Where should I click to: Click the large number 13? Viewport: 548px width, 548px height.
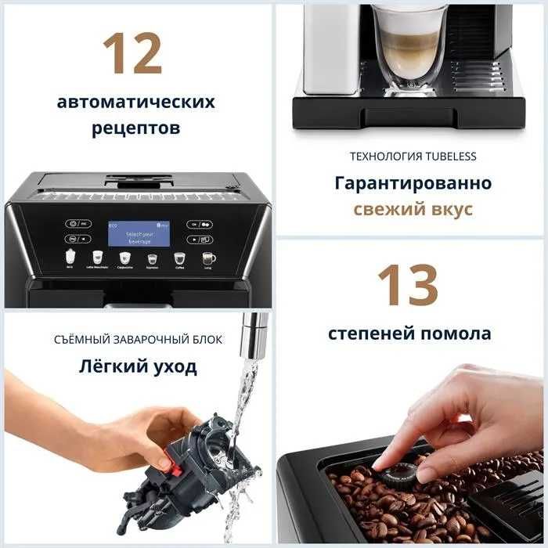tap(407, 283)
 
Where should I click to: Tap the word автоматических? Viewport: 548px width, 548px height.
tap(135, 103)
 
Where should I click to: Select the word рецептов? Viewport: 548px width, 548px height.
tap(135, 128)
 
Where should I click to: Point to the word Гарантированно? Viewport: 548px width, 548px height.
tap(413, 183)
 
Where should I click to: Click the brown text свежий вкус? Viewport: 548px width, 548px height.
tap(413, 210)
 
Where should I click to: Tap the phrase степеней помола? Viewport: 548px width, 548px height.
tap(409, 333)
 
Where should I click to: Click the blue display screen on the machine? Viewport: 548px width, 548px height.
tap(139, 233)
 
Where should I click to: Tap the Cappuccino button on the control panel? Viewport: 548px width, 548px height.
tap(124, 258)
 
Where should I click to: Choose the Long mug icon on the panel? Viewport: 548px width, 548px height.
tap(208, 258)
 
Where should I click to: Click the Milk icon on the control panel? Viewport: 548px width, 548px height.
tap(70, 258)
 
